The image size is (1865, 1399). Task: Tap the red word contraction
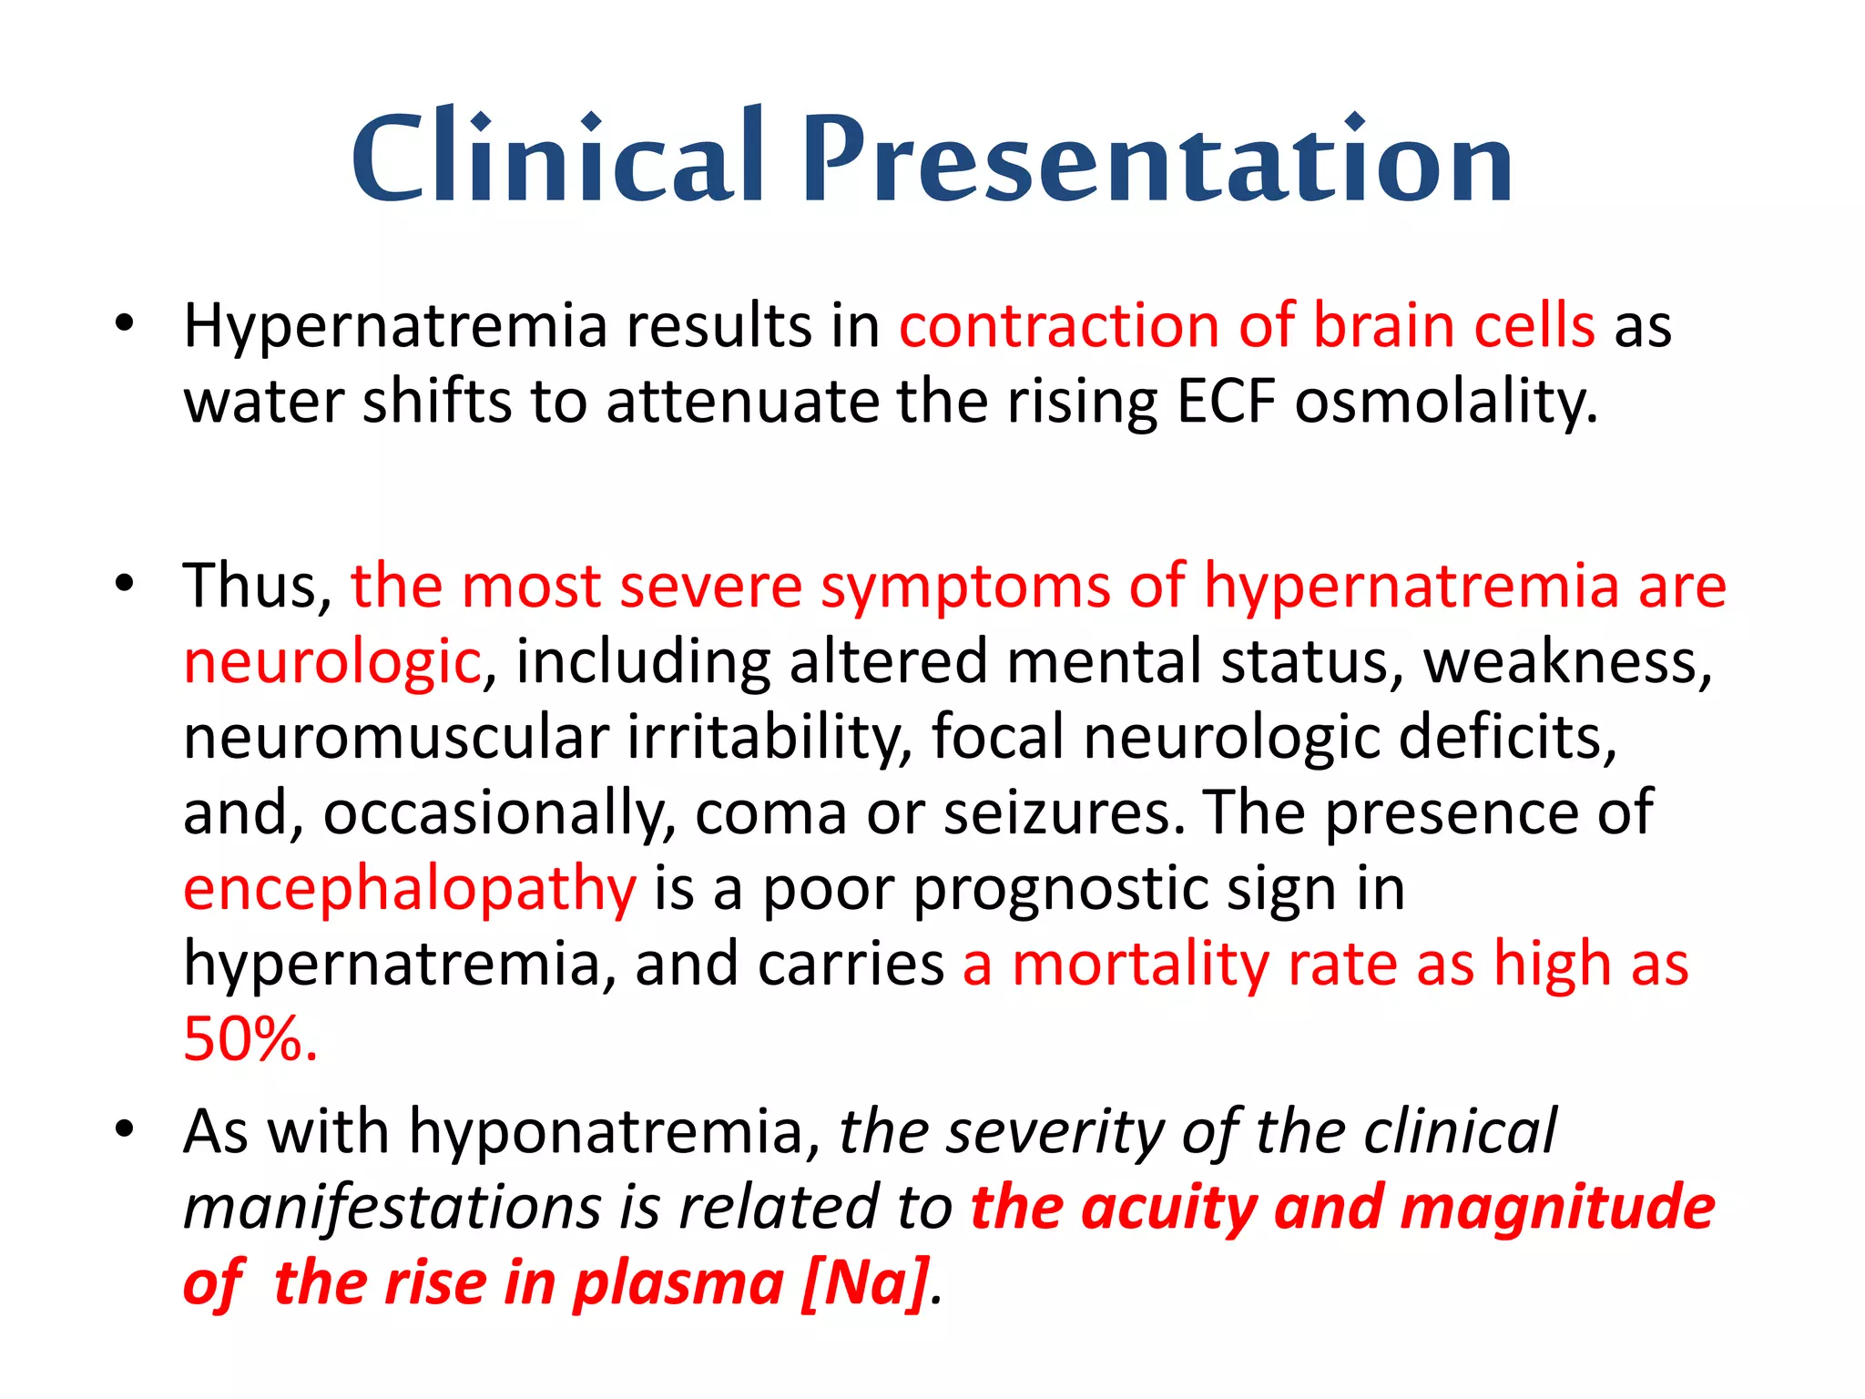pyautogui.click(x=1059, y=326)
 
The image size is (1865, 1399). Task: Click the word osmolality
pyautogui.click(x=1445, y=403)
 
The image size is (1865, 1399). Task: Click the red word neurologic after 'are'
pyautogui.click(x=331, y=662)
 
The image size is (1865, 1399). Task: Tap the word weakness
pyautogui.click(x=1567, y=662)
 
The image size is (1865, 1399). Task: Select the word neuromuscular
pyautogui.click(x=395, y=737)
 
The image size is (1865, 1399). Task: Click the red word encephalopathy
pyautogui.click(x=409, y=890)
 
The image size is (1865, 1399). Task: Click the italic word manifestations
pyautogui.click(x=392, y=1209)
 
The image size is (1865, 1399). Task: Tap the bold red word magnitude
pyautogui.click(x=1557, y=1208)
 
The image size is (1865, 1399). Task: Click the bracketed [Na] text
pyautogui.click(x=865, y=1283)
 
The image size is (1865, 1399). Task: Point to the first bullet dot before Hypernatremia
pyautogui.click(x=125, y=323)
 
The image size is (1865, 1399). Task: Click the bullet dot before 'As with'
pyautogui.click(x=125, y=1130)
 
